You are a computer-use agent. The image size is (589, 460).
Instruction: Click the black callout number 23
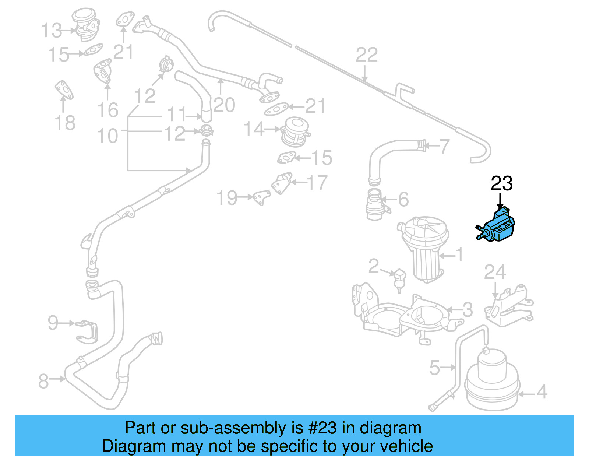click(501, 183)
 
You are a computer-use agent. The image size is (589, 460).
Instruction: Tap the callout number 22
click(367, 55)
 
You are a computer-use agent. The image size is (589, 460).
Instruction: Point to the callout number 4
click(542, 392)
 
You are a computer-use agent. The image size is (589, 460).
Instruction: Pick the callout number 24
click(495, 272)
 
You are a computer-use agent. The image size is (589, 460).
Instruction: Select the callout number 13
click(52, 30)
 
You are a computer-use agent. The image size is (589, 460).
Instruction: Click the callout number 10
click(107, 136)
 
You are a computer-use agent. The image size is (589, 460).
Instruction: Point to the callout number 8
click(43, 381)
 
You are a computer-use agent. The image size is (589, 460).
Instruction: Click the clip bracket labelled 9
click(88, 331)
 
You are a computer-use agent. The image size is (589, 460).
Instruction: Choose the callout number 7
click(444, 146)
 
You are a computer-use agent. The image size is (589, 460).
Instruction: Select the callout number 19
click(227, 198)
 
